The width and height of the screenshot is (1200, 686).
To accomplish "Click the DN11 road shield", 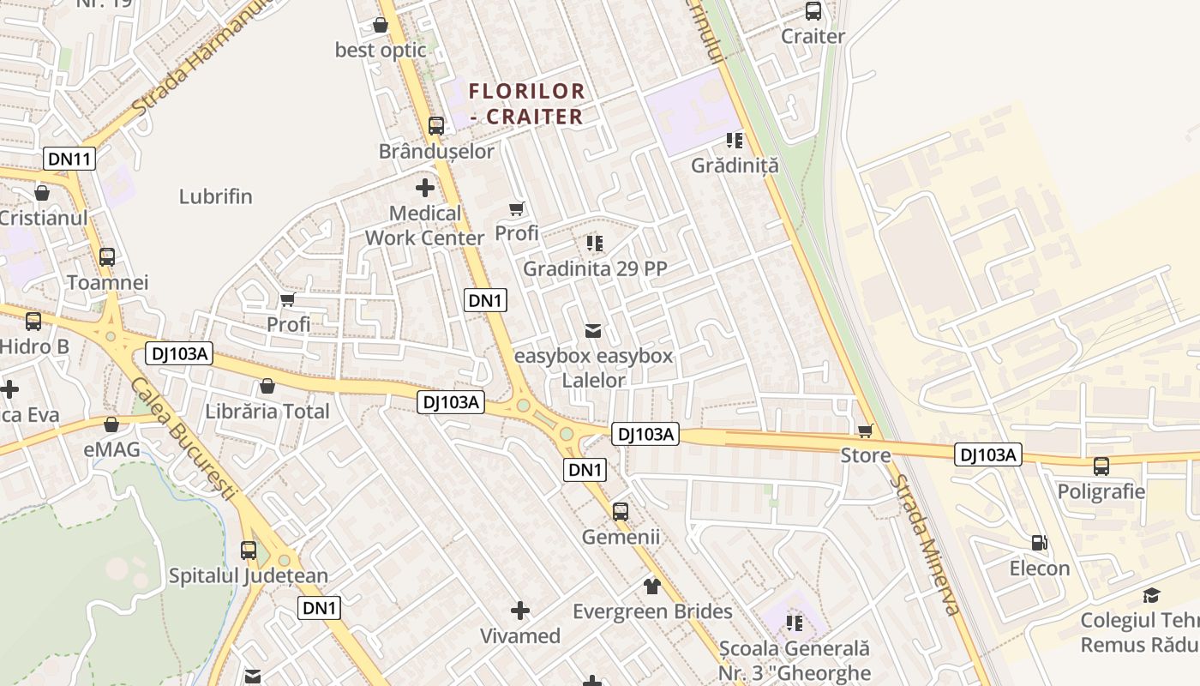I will click(x=69, y=159).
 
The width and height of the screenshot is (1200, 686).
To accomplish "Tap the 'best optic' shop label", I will click(x=381, y=50).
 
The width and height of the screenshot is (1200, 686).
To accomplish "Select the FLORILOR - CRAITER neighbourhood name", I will click(x=527, y=103).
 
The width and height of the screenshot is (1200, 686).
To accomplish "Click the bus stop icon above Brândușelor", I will click(x=436, y=126).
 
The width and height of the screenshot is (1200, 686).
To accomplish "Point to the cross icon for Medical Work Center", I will click(x=425, y=188).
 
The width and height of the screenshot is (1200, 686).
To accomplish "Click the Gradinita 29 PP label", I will click(x=595, y=268).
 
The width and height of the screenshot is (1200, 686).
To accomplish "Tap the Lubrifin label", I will click(x=216, y=196).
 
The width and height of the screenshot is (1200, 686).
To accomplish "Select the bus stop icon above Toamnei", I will click(x=107, y=257).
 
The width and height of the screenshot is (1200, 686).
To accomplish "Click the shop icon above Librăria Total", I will click(x=267, y=386).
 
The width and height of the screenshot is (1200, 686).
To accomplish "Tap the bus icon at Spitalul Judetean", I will click(x=249, y=551).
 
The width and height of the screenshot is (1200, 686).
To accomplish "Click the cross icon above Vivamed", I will click(x=520, y=611).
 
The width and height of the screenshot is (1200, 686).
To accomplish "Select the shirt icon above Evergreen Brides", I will click(x=652, y=587).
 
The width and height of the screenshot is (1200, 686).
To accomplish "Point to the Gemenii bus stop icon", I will click(x=621, y=512).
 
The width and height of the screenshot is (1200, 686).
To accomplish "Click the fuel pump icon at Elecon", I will click(x=1040, y=543).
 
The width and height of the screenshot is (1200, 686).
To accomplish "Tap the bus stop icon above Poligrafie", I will click(x=1101, y=466).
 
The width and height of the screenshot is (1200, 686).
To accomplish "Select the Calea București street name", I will click(x=183, y=437).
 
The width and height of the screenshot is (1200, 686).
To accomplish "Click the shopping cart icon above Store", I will click(x=866, y=430).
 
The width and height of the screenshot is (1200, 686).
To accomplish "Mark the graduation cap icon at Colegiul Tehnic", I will click(x=1151, y=596).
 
